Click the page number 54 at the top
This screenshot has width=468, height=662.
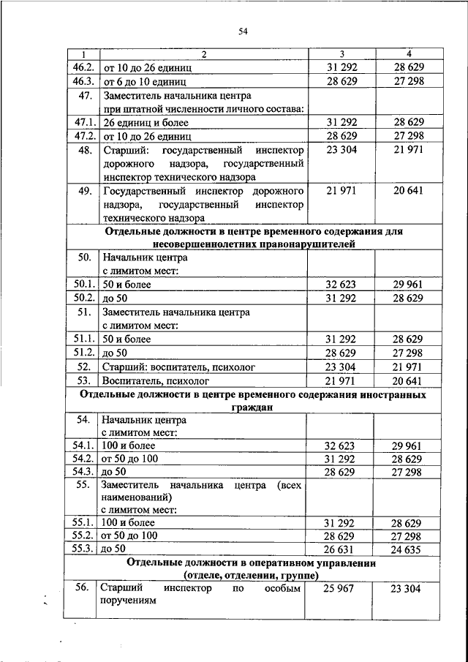click(x=244, y=30)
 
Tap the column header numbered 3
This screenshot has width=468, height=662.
click(x=341, y=54)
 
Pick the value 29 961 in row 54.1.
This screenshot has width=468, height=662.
click(x=408, y=445)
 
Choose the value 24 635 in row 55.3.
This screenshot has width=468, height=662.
click(x=408, y=549)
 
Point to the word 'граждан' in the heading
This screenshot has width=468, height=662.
click(x=254, y=408)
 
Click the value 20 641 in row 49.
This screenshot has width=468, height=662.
click(x=408, y=191)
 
